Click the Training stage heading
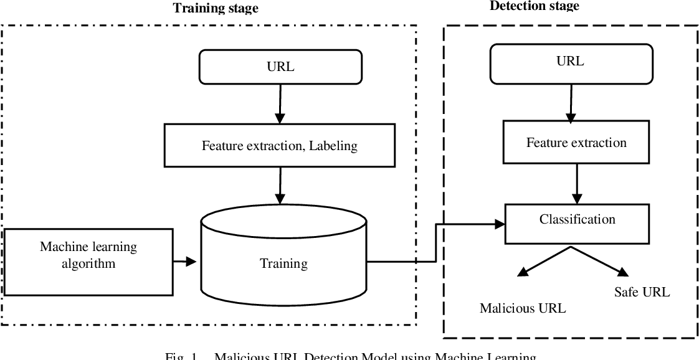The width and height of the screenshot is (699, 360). (x=215, y=8)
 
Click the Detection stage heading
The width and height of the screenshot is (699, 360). (x=534, y=6)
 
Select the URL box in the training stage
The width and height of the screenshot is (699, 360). (x=280, y=67)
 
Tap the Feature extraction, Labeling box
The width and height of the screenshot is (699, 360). (x=280, y=146)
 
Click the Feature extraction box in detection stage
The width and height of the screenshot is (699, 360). (x=576, y=143)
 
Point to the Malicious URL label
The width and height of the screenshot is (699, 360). (x=523, y=308)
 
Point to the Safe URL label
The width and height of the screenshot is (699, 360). (x=642, y=291)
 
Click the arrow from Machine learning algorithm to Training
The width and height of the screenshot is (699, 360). (x=185, y=262)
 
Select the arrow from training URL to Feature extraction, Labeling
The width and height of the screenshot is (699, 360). (x=280, y=103)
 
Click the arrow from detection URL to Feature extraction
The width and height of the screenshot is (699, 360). (x=569, y=102)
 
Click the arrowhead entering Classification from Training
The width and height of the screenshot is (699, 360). (x=498, y=224)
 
